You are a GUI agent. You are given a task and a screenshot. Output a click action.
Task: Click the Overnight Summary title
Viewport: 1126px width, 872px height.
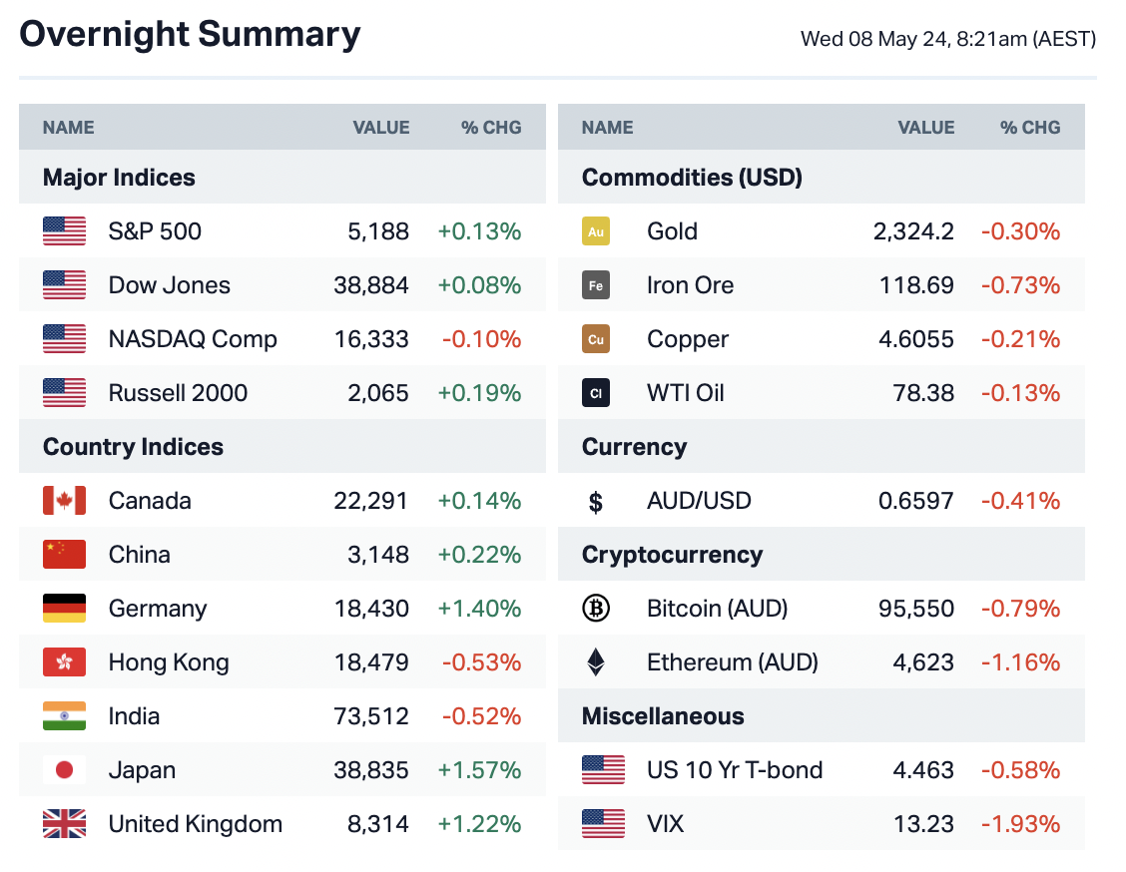point(190,35)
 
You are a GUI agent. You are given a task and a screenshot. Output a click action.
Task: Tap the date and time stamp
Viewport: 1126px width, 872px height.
point(947,40)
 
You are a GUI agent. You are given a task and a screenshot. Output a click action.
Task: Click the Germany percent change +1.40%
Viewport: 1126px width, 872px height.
point(479,609)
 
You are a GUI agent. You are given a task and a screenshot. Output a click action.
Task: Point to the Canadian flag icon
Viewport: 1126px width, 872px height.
point(64,501)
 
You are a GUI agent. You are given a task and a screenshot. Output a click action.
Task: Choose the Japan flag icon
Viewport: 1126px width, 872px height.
point(64,770)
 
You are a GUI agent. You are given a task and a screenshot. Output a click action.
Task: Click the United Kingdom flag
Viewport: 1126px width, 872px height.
point(64,824)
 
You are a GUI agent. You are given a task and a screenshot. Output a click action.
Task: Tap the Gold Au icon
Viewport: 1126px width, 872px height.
point(596,231)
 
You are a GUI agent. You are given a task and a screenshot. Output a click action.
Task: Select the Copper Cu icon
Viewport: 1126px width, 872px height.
point(596,339)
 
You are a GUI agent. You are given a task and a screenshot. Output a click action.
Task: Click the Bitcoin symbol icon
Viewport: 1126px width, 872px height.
point(596,609)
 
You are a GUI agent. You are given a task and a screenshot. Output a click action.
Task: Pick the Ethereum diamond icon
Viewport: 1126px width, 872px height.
point(596,662)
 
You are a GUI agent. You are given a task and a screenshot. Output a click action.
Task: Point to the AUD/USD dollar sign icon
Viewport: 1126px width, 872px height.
point(596,502)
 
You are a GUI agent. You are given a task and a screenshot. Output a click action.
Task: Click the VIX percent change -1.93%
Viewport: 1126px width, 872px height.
point(1020,824)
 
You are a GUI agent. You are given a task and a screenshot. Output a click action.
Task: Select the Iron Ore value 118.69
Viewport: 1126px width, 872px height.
point(916,285)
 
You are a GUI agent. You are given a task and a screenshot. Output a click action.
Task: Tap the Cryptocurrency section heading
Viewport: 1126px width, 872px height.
point(672,555)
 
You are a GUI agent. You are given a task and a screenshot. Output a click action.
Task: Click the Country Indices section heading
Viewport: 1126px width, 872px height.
point(133,447)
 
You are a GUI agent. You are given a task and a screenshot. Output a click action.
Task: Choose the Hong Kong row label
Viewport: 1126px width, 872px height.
point(169,662)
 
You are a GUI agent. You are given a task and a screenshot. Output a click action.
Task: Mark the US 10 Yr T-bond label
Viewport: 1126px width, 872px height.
point(735,770)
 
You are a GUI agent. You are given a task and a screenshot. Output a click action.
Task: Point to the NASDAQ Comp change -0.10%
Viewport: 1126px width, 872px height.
point(481,339)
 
